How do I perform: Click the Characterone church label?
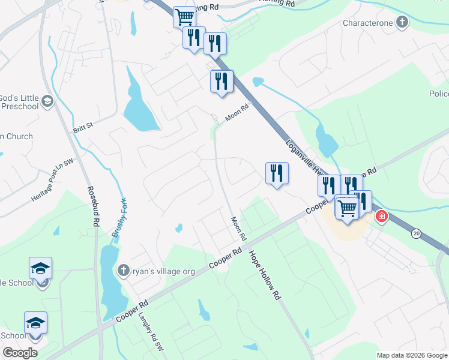coord(367,23)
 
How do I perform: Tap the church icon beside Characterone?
coord(402,23)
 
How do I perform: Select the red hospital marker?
coord(381,216)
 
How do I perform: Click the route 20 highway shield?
coord(416,233)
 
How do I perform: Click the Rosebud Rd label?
coord(93,206)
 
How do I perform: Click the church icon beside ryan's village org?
coord(124,271)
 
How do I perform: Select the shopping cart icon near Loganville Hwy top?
coord(184,16)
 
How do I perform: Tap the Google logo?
coord(20,352)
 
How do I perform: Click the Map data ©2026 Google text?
coord(411,355)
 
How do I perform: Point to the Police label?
coord(439,94)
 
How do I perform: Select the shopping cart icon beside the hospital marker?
coord(348,209)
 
